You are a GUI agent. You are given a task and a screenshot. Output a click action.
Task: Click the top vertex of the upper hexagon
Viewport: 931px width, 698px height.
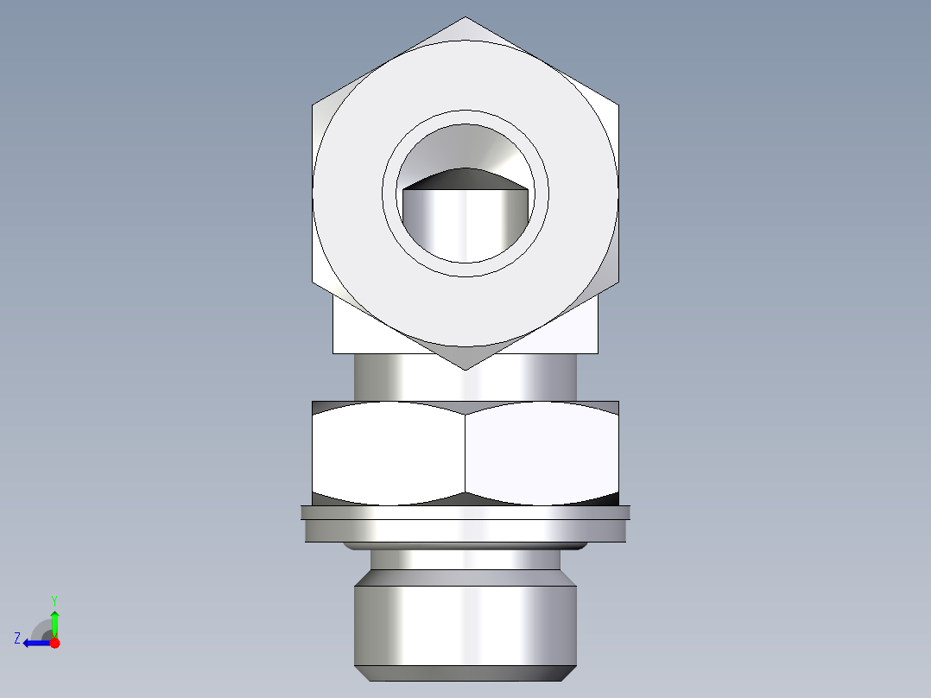pyautogui.click(x=465, y=18)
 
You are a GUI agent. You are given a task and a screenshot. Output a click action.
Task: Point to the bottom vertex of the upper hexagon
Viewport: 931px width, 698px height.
pyautogui.click(x=465, y=369)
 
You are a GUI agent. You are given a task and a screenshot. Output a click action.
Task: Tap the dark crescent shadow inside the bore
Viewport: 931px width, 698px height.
pyautogui.click(x=465, y=178)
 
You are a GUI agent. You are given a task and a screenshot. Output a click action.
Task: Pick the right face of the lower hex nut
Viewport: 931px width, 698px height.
pyautogui.click(x=542, y=454)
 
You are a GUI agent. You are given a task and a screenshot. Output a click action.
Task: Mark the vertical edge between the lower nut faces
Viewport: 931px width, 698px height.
pyautogui.click(x=465, y=454)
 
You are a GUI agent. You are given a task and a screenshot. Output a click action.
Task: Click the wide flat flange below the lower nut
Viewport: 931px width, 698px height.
pyautogui.click(x=465, y=524)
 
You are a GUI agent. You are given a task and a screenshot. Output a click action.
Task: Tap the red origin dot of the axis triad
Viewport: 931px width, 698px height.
pyautogui.click(x=54, y=643)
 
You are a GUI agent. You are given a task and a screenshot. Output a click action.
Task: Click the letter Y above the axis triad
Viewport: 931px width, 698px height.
pyautogui.click(x=54, y=600)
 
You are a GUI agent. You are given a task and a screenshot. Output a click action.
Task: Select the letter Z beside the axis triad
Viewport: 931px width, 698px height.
pyautogui.click(x=17, y=638)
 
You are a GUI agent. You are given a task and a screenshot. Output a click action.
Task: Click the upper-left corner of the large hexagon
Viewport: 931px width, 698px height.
pyautogui.click(x=313, y=105)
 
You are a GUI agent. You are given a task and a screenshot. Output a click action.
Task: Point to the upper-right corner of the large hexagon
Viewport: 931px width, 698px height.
pyautogui.click(x=618, y=105)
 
